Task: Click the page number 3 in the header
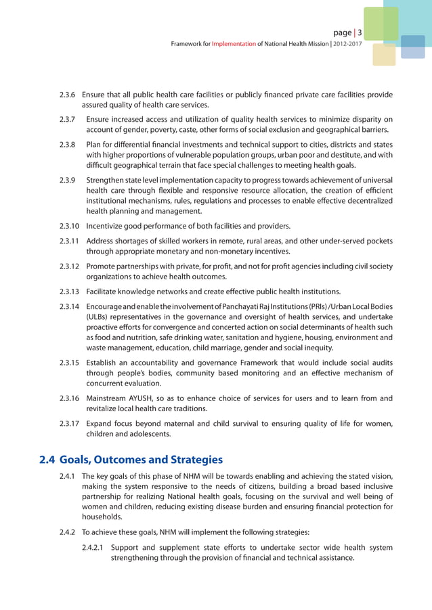click(360, 33)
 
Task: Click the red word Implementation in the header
click(234, 44)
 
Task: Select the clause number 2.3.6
click(68, 95)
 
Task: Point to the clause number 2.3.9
click(68, 180)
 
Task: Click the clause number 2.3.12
click(70, 266)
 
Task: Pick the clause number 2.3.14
click(70, 308)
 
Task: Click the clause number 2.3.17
click(70, 423)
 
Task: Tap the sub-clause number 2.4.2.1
click(92, 547)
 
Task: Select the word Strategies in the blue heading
click(189, 461)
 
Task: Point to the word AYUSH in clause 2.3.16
click(142, 398)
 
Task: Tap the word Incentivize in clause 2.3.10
click(107, 225)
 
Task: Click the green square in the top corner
click(381, 24)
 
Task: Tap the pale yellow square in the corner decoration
click(384, 55)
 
